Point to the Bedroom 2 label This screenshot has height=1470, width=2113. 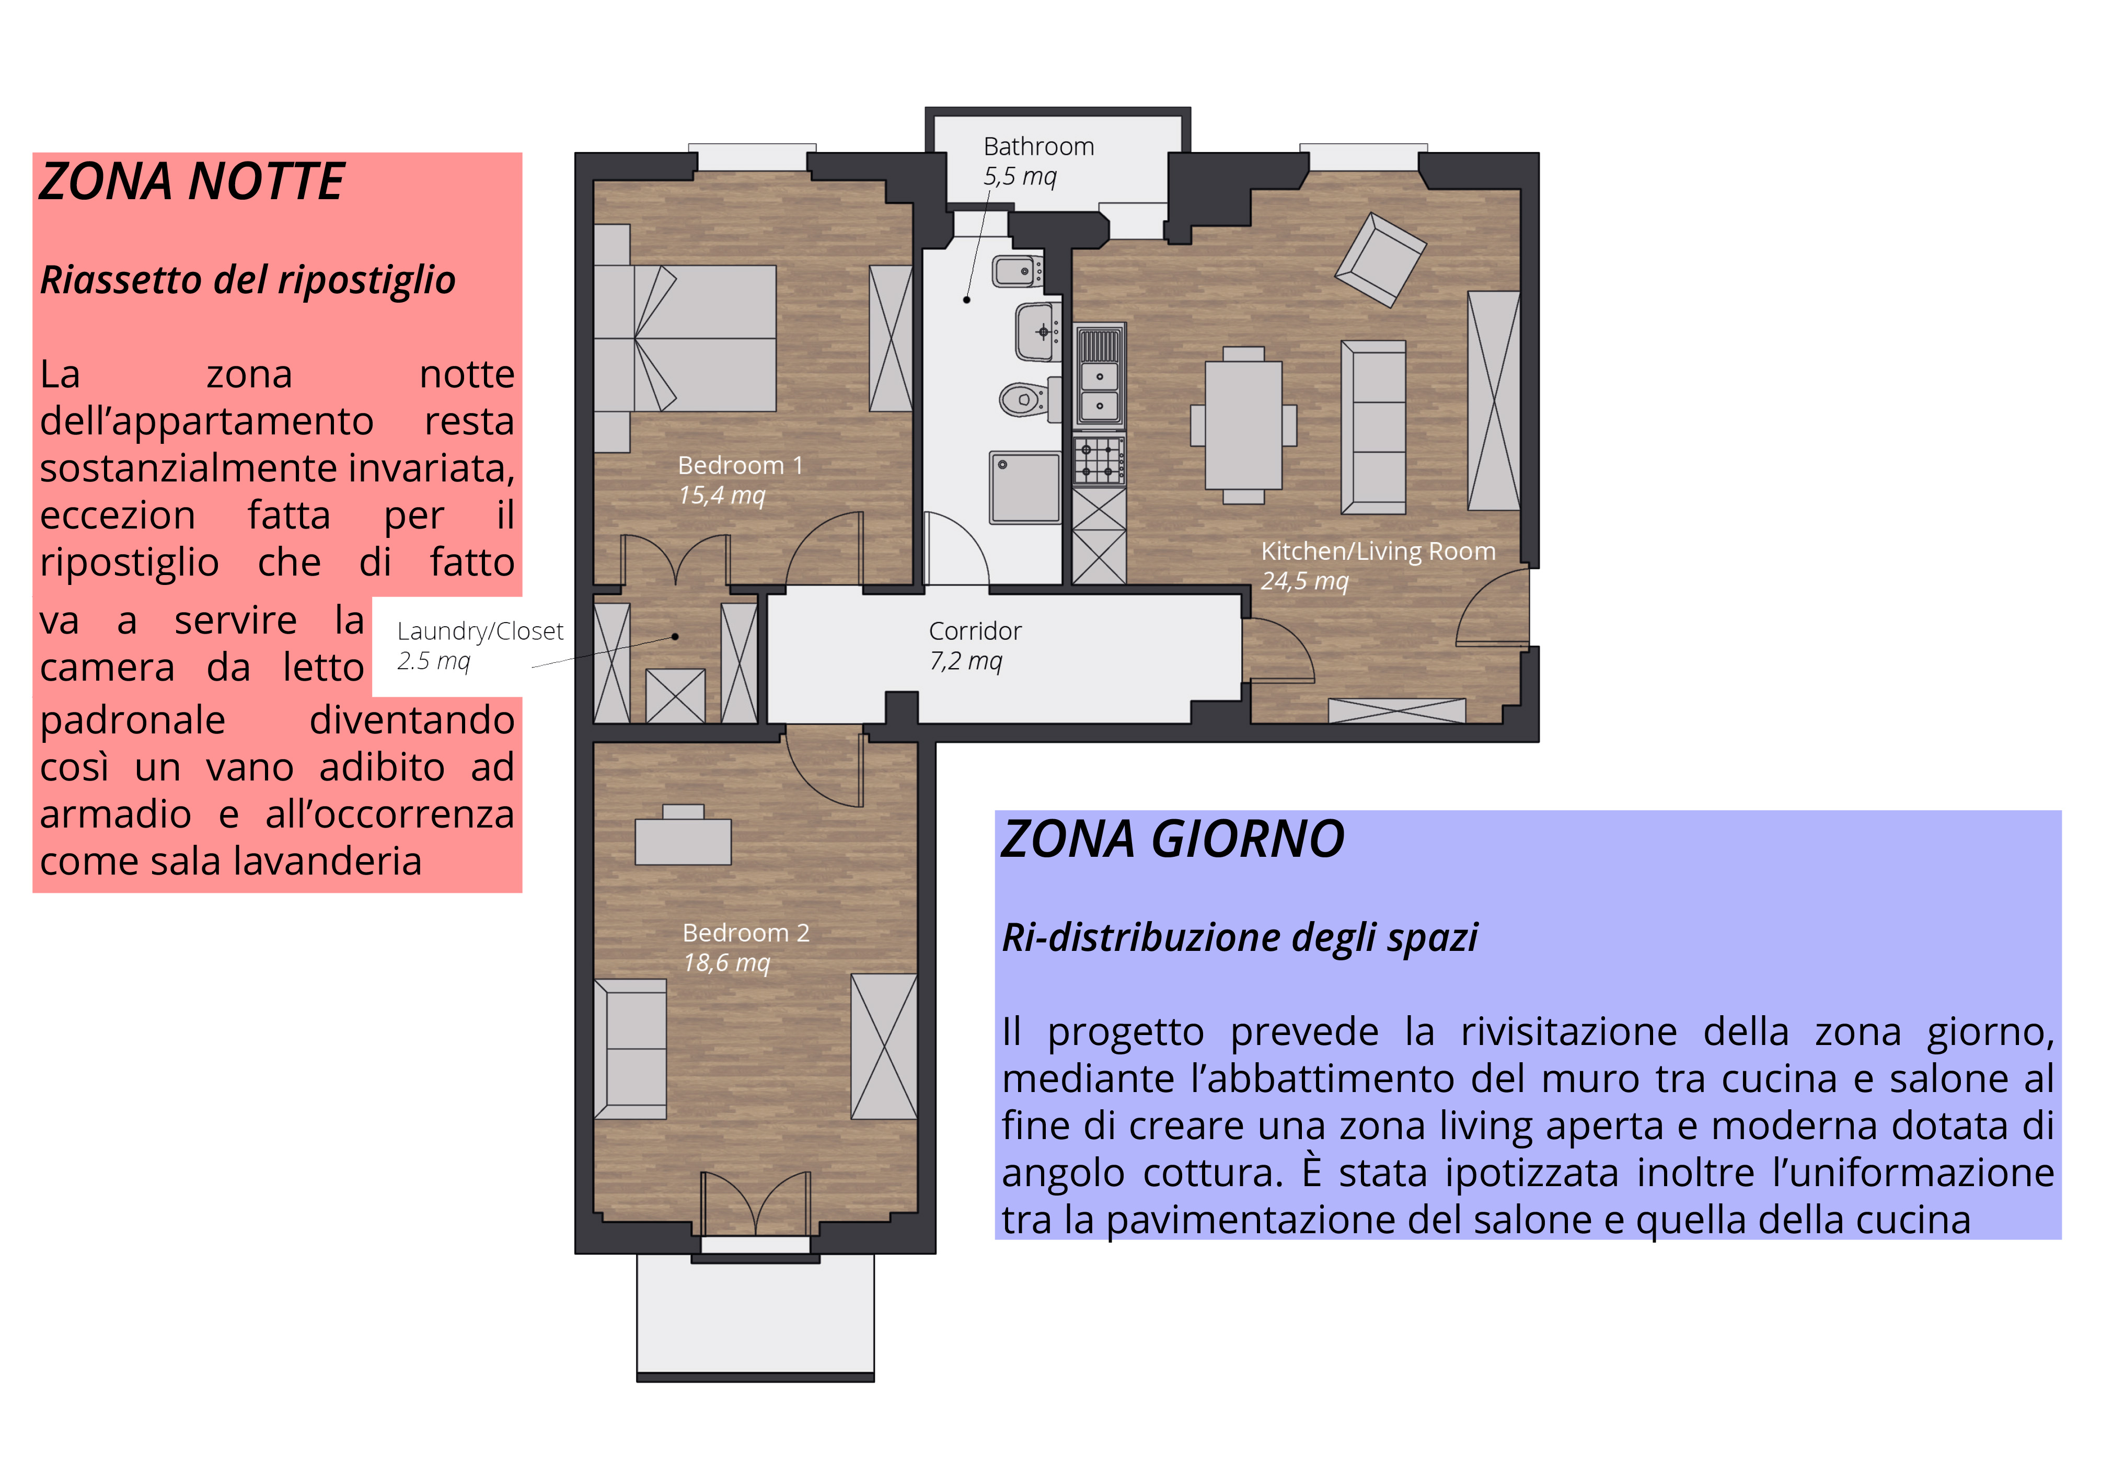[745, 933]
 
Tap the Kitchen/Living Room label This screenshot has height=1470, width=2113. [1378, 552]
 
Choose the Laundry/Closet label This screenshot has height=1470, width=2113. [479, 631]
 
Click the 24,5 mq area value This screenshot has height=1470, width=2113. [1304, 582]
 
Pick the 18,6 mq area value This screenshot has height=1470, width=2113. [726, 963]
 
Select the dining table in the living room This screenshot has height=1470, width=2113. [1243, 425]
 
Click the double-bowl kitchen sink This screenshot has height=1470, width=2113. [1100, 375]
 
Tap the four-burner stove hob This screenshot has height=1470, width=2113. [1100, 460]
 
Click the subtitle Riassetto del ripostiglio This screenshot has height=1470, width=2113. [248, 280]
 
